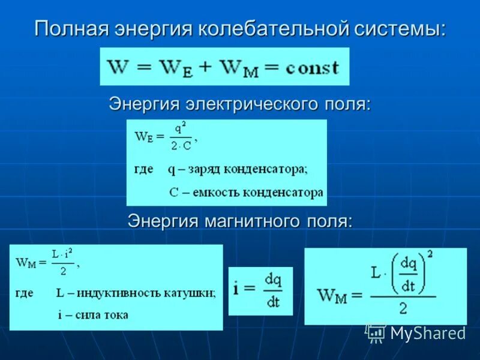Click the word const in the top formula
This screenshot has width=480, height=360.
(311, 67)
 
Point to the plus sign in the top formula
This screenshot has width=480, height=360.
(206, 67)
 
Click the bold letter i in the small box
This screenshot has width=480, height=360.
(236, 289)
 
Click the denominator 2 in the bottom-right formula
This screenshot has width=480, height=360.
(403, 308)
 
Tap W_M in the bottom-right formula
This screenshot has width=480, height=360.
(332, 296)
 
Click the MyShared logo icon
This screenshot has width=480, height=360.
(376, 333)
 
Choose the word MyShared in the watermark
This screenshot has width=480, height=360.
(428, 333)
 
